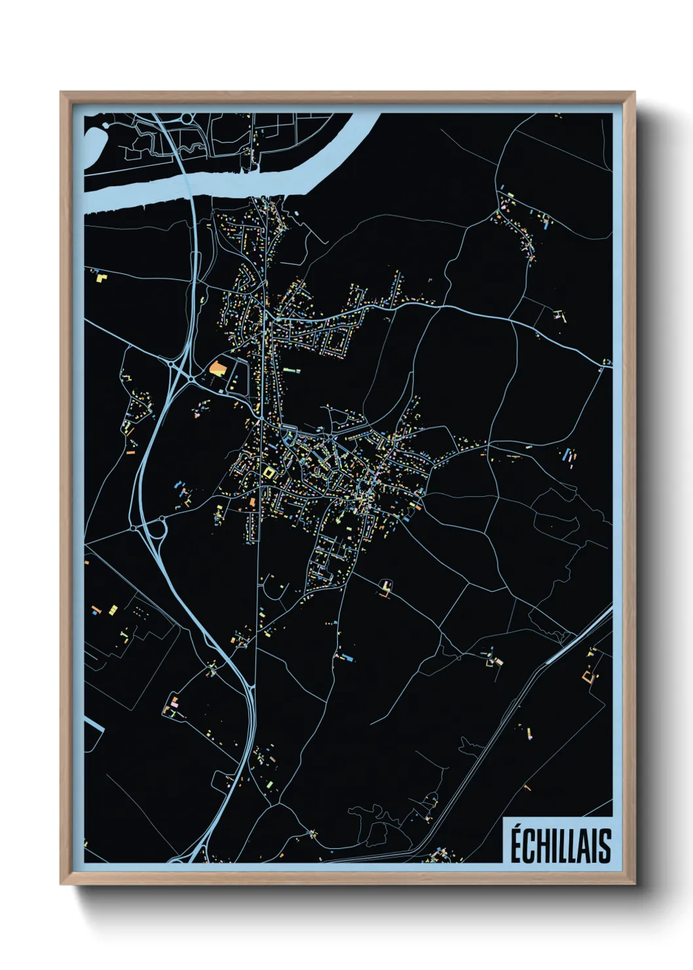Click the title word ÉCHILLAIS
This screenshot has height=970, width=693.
(x=560, y=845)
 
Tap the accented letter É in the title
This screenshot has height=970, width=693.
(x=516, y=845)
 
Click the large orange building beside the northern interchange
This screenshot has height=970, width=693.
(x=217, y=367)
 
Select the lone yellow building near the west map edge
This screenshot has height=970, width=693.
(x=102, y=277)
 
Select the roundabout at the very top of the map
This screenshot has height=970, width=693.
(x=187, y=119)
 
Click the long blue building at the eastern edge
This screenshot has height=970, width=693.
(x=567, y=454)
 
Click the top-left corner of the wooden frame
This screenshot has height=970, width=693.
(x=62, y=92)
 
